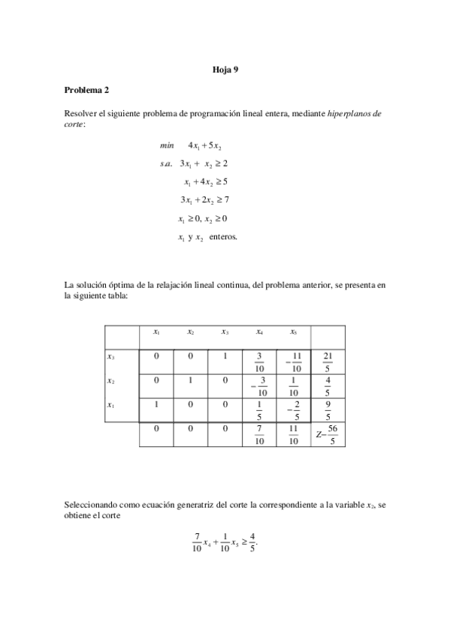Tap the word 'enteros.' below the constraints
click(223, 237)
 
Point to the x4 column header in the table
click(259, 331)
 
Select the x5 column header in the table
click(293, 331)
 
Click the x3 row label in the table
click(111, 356)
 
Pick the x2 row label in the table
click(111, 381)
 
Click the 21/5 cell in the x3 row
click(327, 361)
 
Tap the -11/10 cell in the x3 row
click(293, 361)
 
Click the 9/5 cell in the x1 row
click(327, 411)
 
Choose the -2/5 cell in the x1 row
click(293, 411)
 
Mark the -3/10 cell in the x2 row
click(260, 386)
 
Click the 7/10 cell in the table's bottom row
click(259, 435)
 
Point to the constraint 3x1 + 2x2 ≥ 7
click(204, 199)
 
